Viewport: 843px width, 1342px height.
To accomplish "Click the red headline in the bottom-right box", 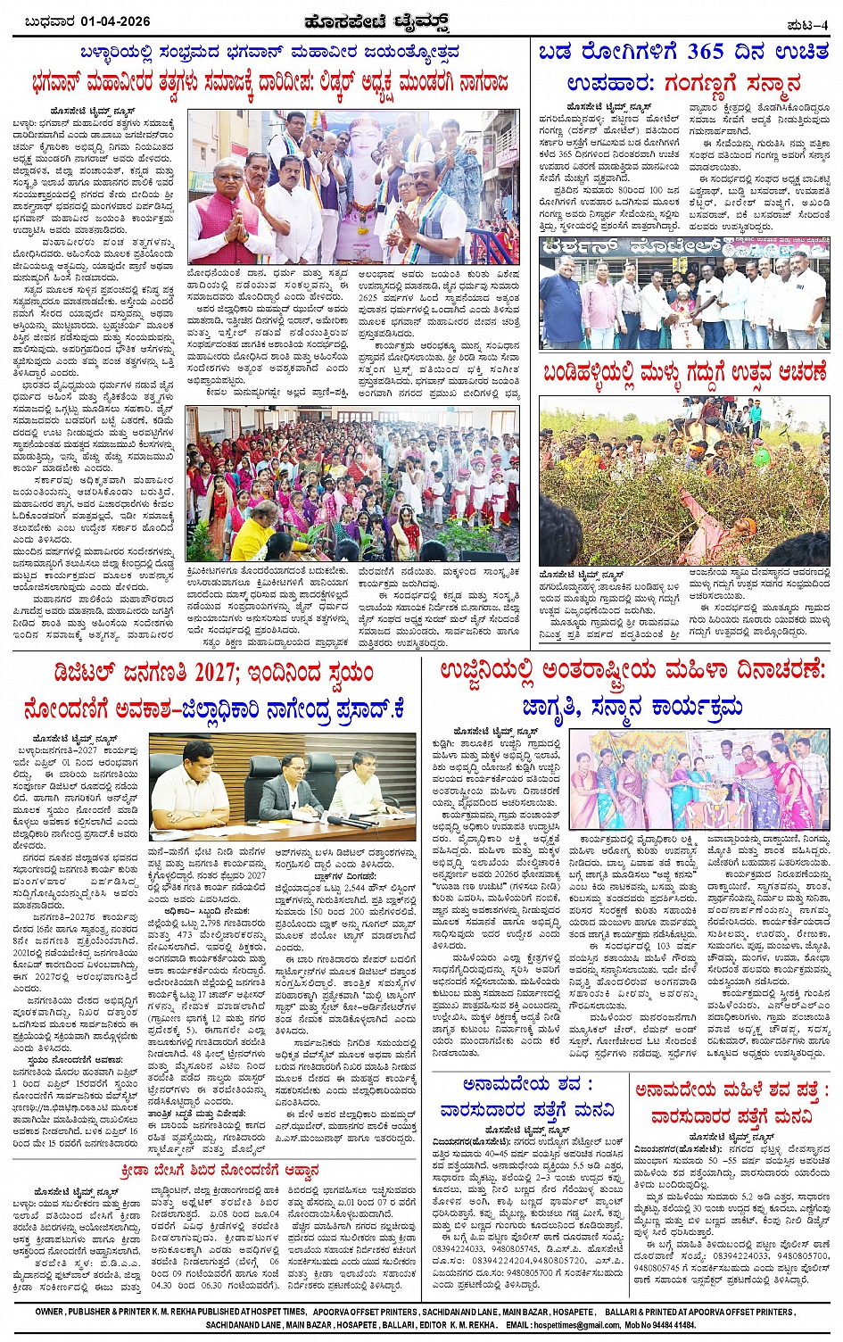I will pos(731,1103).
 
